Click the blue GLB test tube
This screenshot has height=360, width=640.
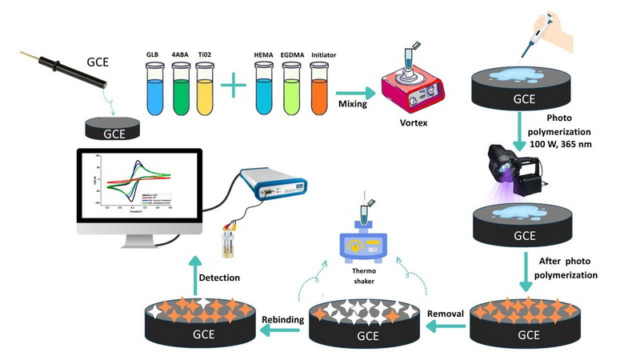[154, 86]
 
